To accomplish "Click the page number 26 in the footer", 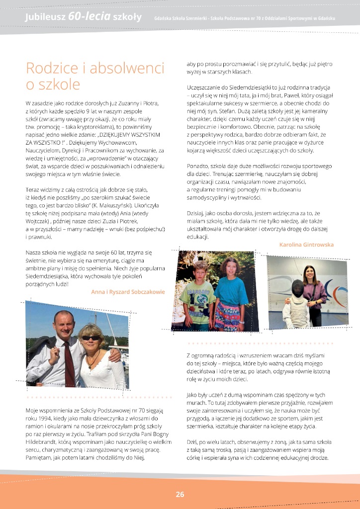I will [180, 494].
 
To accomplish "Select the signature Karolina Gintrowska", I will [306, 245].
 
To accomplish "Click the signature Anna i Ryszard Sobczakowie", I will [128, 292].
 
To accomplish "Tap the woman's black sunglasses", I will [90, 338].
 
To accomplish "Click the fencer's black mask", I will [297, 289].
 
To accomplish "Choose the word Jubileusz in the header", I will [45, 17].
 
